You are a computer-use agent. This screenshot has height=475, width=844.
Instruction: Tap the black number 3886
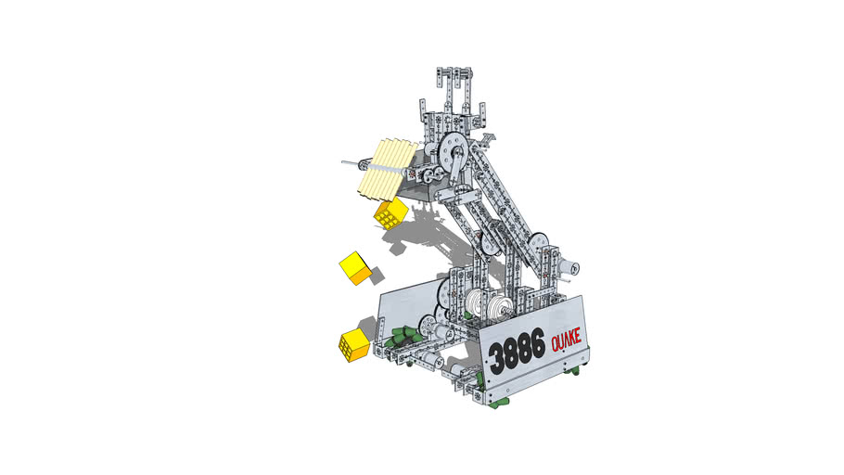[517, 354]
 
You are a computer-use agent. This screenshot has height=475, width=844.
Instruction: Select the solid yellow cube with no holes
[355, 268]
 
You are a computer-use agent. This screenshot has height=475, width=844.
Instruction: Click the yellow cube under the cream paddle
[390, 213]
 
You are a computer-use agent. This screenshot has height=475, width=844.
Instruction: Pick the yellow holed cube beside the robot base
[354, 345]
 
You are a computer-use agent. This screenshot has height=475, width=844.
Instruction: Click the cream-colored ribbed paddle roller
[387, 170]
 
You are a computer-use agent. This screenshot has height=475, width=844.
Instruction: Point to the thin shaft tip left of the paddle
[343, 161]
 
